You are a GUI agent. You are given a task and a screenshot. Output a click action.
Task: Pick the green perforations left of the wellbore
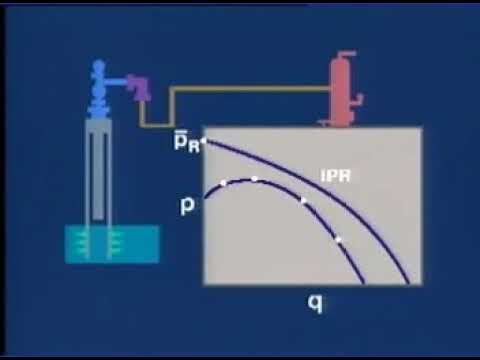coord(83,242)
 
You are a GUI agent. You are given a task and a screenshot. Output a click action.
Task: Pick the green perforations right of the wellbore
coord(115,242)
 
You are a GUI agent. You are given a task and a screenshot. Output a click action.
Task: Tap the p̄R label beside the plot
coord(187,142)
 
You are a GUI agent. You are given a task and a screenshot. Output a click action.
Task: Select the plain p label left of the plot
coord(187,207)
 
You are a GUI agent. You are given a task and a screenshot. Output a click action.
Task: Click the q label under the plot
coord(315,299)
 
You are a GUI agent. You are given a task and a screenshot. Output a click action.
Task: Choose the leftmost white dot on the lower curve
coord(223,184)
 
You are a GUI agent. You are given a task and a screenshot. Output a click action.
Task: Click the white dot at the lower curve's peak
coord(254,179)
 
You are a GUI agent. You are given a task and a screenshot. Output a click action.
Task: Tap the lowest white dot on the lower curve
coord(338,240)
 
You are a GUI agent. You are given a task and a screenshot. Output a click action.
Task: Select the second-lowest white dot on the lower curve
coord(303,202)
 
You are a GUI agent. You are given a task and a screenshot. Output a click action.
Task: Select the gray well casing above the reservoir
coord(99,170)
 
